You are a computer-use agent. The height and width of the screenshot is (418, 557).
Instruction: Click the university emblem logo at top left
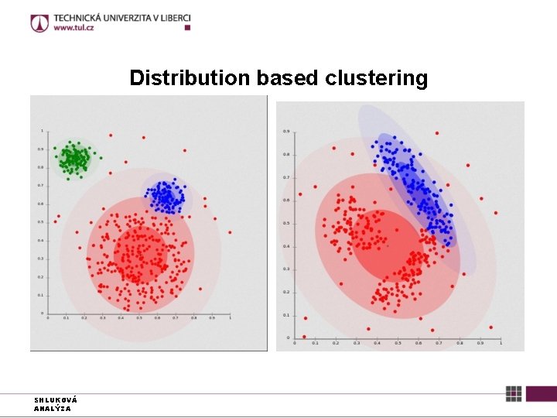coord(39,23)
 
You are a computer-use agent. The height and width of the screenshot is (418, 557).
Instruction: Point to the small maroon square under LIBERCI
coord(187,27)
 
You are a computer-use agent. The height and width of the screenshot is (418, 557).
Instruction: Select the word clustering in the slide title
coord(376,78)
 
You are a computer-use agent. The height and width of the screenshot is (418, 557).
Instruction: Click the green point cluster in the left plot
coord(74,159)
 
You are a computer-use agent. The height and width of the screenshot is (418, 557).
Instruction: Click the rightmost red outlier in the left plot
coord(230,231)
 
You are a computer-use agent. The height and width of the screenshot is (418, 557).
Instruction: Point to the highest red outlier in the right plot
coord(437,133)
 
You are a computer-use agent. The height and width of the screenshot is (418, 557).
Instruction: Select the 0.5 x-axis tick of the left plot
coord(139,318)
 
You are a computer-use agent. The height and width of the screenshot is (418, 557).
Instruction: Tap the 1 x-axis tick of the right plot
coord(501,343)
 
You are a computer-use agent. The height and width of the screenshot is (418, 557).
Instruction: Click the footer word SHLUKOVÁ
coord(55,400)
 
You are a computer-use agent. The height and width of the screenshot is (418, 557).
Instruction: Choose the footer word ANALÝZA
coord(52,408)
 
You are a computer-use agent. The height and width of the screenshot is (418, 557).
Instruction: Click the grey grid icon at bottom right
coord(514,394)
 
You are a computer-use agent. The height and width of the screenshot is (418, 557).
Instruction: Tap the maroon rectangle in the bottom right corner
coord(542,394)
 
